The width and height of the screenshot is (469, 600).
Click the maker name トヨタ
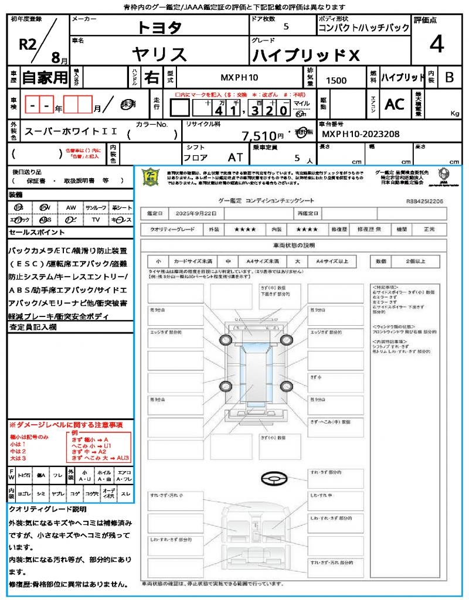[x=159, y=28]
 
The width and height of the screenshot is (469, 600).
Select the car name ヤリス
[x=159, y=54]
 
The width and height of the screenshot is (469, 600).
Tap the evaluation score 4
[x=436, y=44]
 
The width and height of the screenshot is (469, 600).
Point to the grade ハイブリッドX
[x=305, y=56]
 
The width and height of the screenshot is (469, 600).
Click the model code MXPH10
[x=239, y=77]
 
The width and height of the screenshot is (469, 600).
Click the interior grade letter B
[x=449, y=77]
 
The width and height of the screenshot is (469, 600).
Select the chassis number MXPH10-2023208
[x=361, y=134]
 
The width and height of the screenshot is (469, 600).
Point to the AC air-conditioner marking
[x=395, y=104]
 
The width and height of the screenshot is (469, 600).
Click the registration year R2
[x=28, y=46]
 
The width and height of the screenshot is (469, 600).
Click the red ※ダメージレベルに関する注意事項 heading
[x=66, y=424]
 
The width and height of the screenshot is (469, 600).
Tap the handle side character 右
[x=151, y=77]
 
